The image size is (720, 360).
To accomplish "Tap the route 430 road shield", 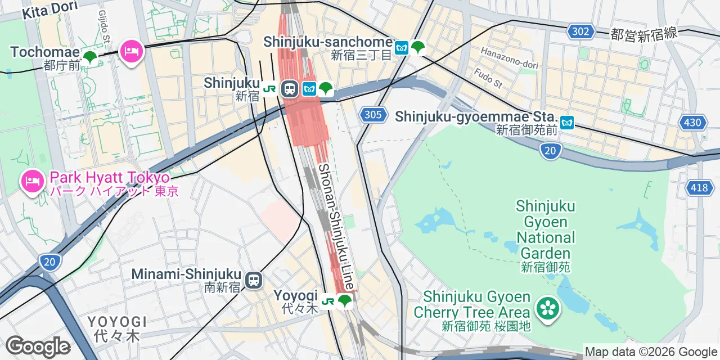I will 693,122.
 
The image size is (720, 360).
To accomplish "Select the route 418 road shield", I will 699,187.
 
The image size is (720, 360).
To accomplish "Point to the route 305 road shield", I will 373,115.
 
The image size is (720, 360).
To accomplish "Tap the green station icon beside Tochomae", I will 89,57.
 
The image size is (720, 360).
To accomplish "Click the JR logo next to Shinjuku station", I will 270,89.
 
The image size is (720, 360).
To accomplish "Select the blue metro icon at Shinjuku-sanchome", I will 402,48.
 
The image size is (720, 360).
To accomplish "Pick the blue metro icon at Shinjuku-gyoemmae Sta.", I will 566,121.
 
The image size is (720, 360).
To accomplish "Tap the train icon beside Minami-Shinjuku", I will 254,280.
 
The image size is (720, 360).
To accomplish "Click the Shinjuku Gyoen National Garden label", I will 545,229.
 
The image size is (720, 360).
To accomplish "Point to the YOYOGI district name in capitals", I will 117,322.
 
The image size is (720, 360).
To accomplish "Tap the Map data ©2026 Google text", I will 650,352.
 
